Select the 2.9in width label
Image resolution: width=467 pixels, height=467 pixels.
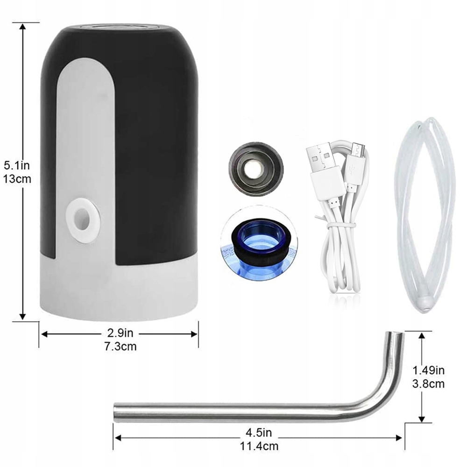coord(120,333)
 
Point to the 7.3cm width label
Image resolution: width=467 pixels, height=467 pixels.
coord(120,347)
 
